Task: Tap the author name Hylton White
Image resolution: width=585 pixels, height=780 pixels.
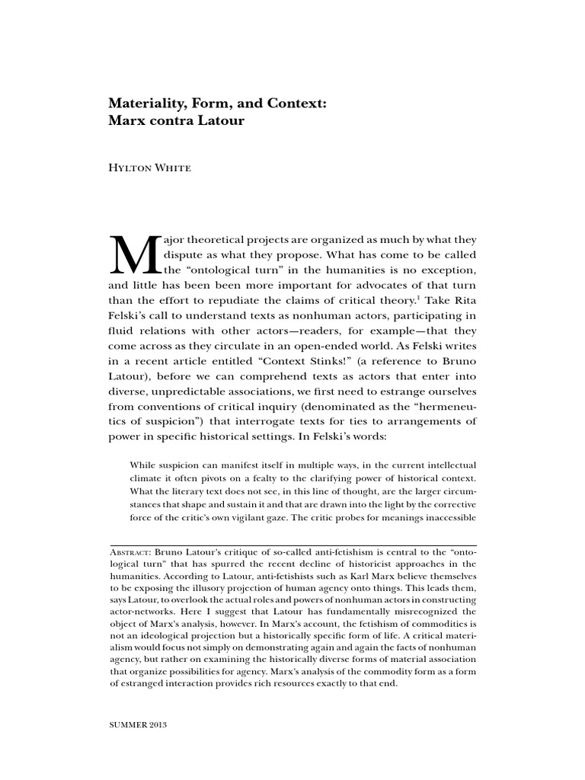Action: (x=149, y=169)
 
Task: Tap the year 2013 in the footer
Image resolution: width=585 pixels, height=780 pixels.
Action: (x=158, y=724)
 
